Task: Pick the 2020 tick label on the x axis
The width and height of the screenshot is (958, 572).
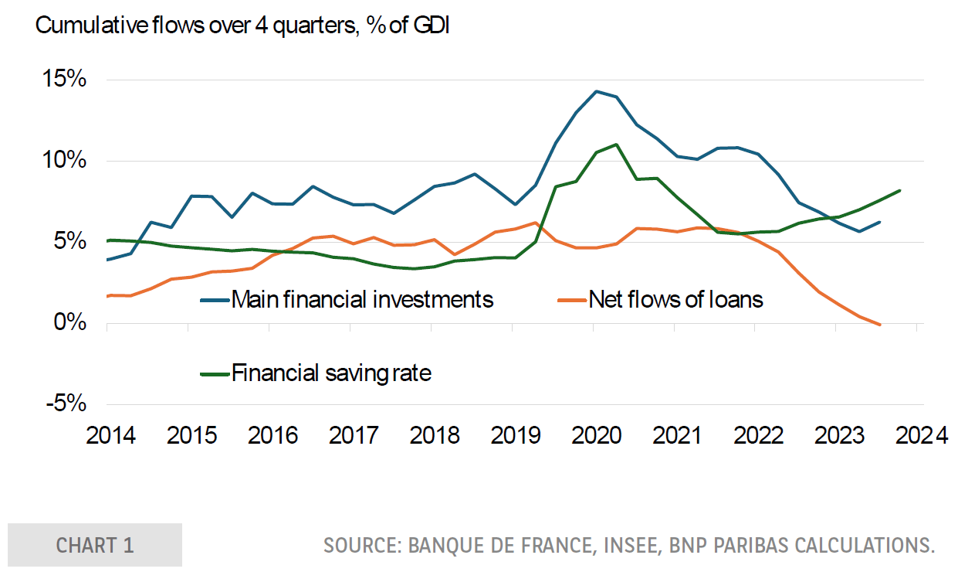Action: tap(596, 435)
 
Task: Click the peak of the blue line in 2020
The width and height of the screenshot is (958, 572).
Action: tap(595, 91)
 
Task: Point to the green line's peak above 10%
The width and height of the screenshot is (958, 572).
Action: tap(615, 145)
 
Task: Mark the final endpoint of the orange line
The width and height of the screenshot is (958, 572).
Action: tap(879, 324)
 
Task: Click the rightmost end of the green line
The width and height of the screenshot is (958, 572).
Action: tap(899, 190)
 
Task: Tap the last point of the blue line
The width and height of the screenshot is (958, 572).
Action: tap(879, 223)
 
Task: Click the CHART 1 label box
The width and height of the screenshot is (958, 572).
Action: tap(95, 545)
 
